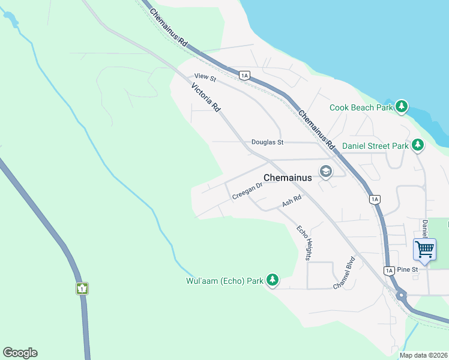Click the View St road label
point(205,77)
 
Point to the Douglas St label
point(267,142)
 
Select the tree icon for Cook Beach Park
point(402,107)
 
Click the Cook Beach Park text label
point(361,108)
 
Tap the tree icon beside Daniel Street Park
point(418,145)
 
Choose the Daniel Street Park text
point(375,146)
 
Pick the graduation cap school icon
point(326,172)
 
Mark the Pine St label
point(407,270)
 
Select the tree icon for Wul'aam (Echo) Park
point(273,280)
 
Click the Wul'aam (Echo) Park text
point(224,281)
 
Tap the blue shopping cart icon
point(424,248)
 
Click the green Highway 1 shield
point(82,288)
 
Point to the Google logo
point(20,353)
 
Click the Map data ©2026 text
point(424,355)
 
